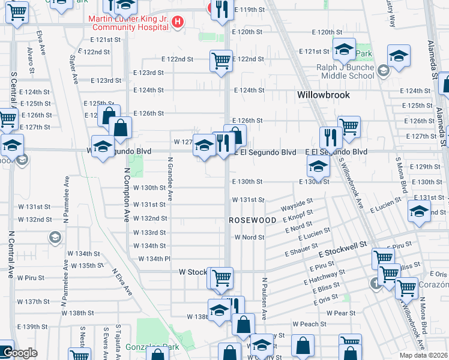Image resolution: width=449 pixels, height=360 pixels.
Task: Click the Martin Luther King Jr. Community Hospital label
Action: (128, 23)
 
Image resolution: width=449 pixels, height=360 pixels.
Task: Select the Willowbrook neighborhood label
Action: (324, 95)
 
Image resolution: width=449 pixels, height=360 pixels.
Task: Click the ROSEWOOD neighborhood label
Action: (253, 220)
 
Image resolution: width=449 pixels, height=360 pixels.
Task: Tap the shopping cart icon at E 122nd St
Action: (221, 60)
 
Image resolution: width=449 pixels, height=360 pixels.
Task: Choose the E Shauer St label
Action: (301, 248)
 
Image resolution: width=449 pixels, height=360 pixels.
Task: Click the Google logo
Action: (19, 353)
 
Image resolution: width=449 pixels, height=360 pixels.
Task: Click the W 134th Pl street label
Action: (155, 259)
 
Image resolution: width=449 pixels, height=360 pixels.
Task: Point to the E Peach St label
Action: (309, 324)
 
